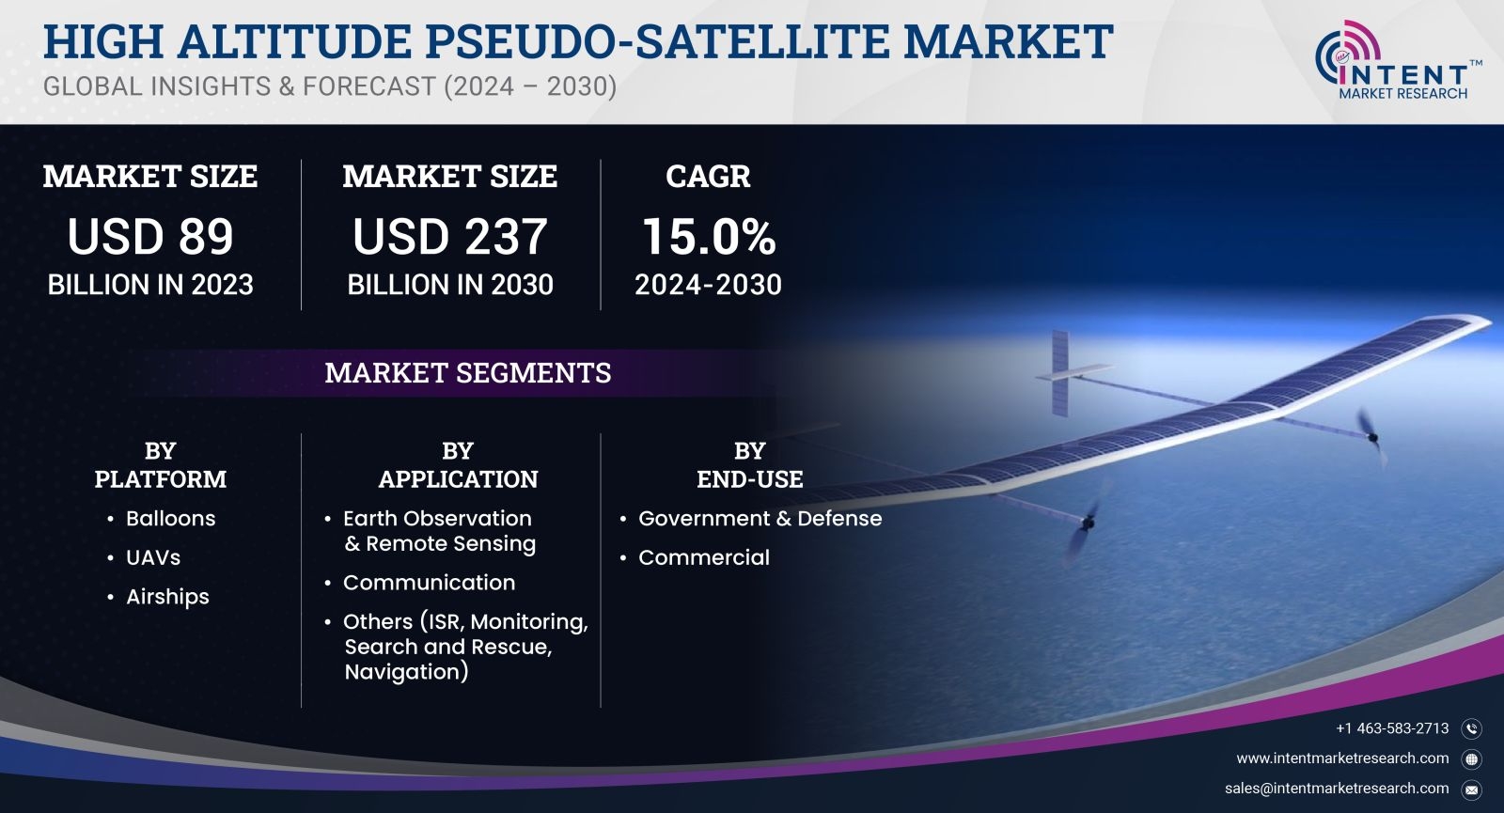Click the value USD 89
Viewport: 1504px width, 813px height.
coord(149,236)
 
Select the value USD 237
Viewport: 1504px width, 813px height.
coord(450,236)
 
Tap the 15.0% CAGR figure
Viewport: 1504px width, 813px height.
coord(709,236)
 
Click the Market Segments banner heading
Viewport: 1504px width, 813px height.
coord(468,372)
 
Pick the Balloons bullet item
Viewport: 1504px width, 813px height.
coord(170,518)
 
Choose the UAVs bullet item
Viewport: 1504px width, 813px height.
coord(153,557)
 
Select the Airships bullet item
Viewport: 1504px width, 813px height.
coord(167,597)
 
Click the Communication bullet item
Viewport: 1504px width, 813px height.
coord(429,582)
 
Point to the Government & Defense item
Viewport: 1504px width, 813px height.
coord(760,518)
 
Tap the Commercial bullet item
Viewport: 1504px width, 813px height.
coord(704,557)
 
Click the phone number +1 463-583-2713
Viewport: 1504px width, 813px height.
coord(1392,728)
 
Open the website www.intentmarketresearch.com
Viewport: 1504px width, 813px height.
coord(1342,758)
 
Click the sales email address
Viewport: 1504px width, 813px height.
coord(1336,789)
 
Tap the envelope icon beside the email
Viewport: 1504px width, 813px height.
coord(1472,790)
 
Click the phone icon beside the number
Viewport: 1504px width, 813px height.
coord(1472,729)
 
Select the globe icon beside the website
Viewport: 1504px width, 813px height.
coord(1472,759)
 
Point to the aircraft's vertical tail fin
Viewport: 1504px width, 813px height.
coord(1059,372)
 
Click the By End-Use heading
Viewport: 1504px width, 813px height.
coord(749,464)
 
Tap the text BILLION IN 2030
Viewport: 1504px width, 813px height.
coord(450,285)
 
